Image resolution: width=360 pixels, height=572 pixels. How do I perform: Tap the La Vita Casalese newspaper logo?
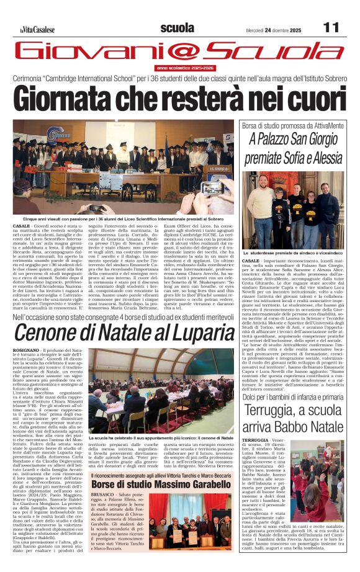coord(37,29)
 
